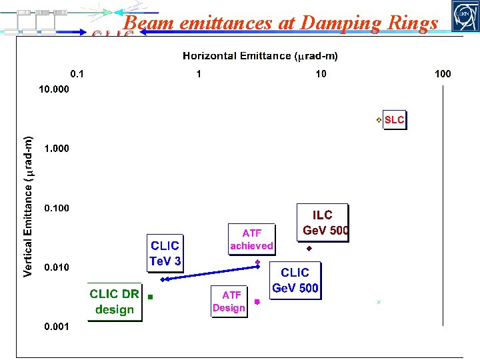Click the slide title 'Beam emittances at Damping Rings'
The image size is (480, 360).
pos(281,23)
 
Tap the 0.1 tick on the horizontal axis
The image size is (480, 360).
pos(79,74)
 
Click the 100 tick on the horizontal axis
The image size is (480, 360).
pos(442,74)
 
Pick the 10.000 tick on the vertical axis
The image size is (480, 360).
pos(54,89)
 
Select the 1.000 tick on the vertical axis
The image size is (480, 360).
pos(57,148)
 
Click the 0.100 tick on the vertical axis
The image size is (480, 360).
pos(57,208)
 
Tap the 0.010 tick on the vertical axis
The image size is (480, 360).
pos(57,267)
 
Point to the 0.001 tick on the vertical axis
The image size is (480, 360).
pos(57,327)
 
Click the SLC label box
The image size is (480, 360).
pos(394,120)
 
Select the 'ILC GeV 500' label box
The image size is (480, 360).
pos(323,223)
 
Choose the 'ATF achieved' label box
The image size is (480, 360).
pos(251,239)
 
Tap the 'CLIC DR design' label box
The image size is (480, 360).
pos(115,301)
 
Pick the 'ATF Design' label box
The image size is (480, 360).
pos(229,301)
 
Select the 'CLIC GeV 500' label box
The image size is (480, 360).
pos(295,280)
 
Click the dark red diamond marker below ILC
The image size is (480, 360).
pos(309,249)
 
